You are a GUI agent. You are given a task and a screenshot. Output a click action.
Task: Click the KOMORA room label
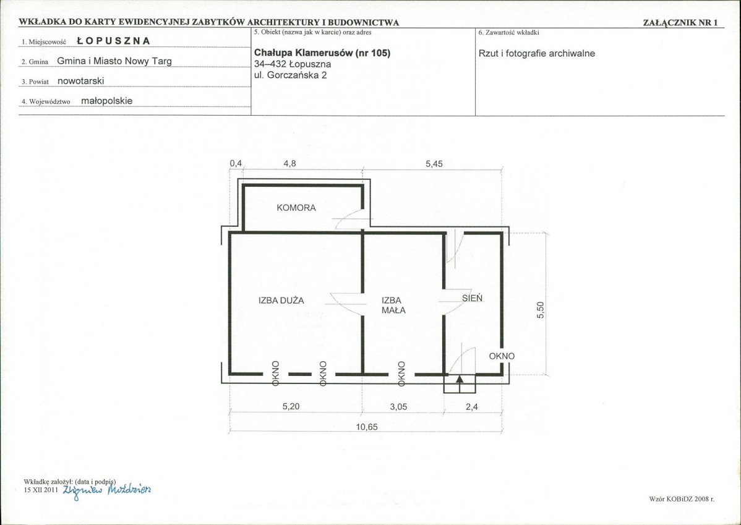pos(296,208)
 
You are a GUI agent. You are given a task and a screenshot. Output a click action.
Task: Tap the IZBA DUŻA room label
pos(281,301)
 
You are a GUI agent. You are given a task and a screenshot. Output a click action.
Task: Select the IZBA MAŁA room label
pos(393,305)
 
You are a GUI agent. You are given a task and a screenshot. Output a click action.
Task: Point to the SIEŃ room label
pos(472,298)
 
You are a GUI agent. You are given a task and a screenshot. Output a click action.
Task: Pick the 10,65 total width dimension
pos(367,427)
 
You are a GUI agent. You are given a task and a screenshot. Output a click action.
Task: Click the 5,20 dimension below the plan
pos(291,406)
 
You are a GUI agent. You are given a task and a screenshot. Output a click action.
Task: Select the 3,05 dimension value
pos(399,407)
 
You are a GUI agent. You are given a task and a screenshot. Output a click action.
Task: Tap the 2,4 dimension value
pos(472,407)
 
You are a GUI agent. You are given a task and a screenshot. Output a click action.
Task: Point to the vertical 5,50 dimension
pos(541,310)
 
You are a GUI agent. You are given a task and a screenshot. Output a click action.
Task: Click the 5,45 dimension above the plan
pos(434,164)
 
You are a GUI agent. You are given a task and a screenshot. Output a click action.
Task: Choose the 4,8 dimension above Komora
pos(289,163)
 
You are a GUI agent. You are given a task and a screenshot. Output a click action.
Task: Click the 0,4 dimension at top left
pos(236,163)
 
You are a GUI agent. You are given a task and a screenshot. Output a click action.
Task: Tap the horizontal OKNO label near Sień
pos(502,356)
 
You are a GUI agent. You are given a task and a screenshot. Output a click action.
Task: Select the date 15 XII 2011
pos(41,490)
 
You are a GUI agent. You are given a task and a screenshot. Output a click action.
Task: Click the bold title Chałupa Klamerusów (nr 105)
pos(322,53)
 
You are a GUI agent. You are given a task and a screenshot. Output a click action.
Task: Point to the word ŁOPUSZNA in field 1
pos(113,41)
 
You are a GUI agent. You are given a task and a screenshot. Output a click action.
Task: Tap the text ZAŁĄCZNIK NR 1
pos(680,23)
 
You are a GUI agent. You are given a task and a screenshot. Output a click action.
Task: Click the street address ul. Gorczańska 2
pos(290,75)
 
